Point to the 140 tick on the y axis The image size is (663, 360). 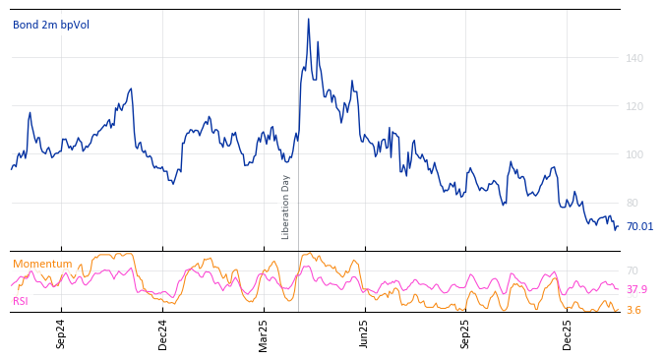pyautogui.click(x=634, y=58)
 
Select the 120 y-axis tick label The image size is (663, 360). pyautogui.click(x=634, y=106)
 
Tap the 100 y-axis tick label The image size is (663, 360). pyautogui.click(x=634, y=154)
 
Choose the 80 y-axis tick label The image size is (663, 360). pyautogui.click(x=633, y=203)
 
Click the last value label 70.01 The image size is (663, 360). pyautogui.click(x=639, y=226)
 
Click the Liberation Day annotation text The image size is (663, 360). pyautogui.click(x=286, y=207)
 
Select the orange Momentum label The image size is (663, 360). pyautogui.click(x=42, y=264)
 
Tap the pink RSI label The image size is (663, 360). pyautogui.click(x=21, y=301)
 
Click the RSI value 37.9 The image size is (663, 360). pyautogui.click(x=636, y=289)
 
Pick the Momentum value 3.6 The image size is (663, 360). pyautogui.click(x=633, y=310)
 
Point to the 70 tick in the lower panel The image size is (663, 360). pyautogui.click(x=633, y=270)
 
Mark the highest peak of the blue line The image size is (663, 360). pyautogui.click(x=308, y=19)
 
